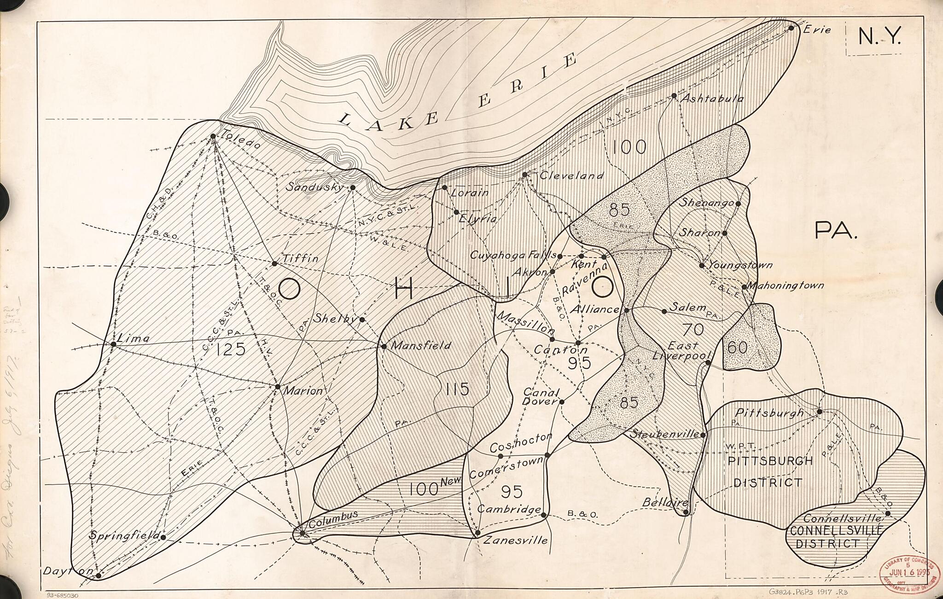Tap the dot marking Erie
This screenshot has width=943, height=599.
coord(791,28)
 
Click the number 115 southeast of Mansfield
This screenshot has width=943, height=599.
coord(457,389)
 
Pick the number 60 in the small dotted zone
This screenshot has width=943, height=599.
coord(738,348)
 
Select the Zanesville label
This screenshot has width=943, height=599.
coord(515,540)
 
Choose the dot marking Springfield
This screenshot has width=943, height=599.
coord(163,537)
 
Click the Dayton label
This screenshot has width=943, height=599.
coord(67,571)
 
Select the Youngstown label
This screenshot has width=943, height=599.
coord(740,265)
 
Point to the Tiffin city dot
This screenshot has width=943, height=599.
coord(274,264)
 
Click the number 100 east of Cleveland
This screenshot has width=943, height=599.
coord(629,147)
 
